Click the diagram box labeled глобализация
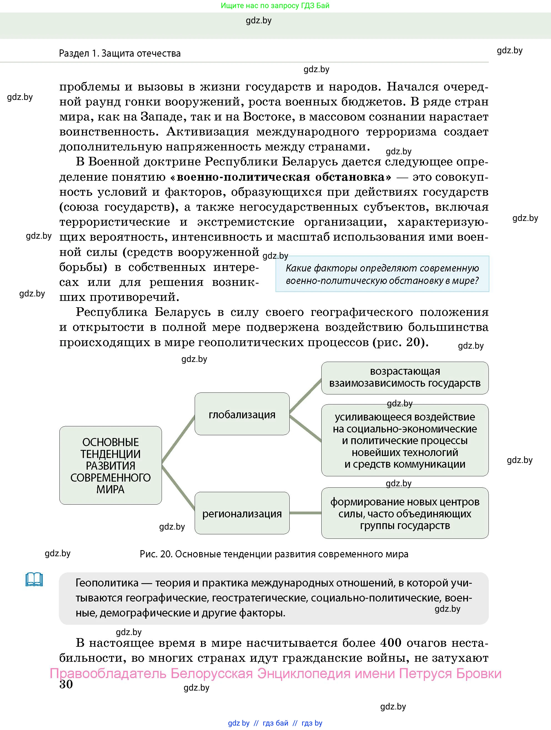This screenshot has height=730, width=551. pyautogui.click(x=242, y=414)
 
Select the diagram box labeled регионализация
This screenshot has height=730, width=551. pyautogui.click(x=242, y=513)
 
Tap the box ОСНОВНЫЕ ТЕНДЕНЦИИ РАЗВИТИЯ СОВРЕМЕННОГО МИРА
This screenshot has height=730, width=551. pyautogui.click(x=110, y=465)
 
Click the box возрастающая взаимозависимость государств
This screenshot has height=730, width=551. pyautogui.click(x=405, y=377)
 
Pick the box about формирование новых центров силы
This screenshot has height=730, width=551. pyautogui.click(x=405, y=513)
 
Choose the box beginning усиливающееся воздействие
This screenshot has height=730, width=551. pyautogui.click(x=405, y=440)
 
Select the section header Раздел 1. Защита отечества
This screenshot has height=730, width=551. pyautogui.click(x=120, y=54)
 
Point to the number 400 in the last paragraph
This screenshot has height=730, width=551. pyautogui.click(x=391, y=643)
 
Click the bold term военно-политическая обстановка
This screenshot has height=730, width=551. pyautogui.click(x=280, y=177)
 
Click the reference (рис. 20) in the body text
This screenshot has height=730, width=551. pyautogui.click(x=400, y=342)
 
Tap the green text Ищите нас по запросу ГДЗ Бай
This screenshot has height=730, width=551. pyautogui.click(x=275, y=6)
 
